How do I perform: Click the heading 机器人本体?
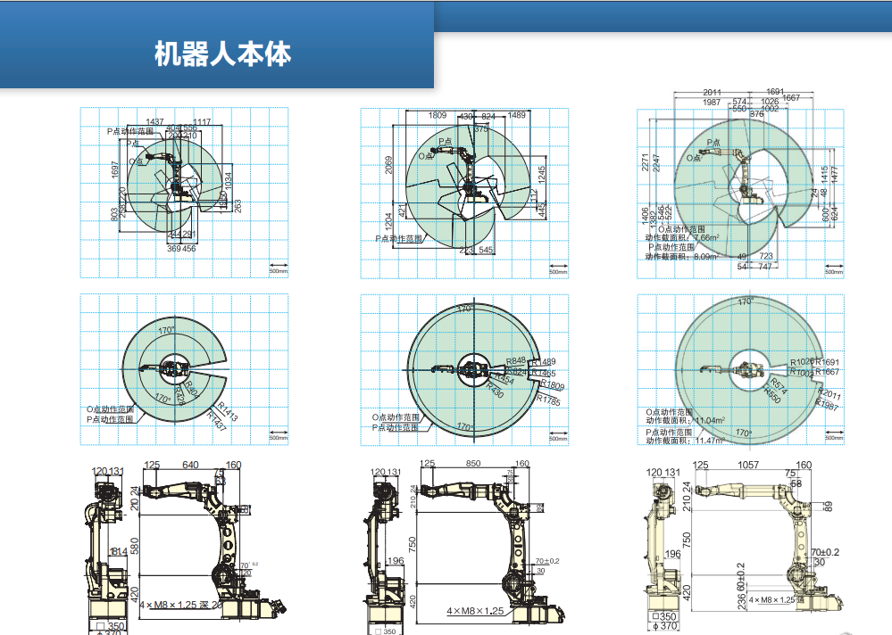[x=222, y=54]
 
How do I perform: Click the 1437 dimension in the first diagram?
[x=155, y=122]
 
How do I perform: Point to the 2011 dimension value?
[x=712, y=92]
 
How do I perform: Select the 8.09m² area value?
[x=705, y=256]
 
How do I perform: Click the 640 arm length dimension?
[x=190, y=465]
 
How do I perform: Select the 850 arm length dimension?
[x=473, y=464]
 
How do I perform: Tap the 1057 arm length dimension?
[x=748, y=465]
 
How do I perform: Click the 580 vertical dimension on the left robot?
[x=133, y=543]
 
